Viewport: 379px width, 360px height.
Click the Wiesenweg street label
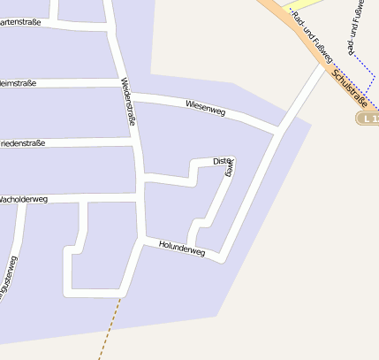click(206, 109)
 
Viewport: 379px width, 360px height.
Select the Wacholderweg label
click(24, 199)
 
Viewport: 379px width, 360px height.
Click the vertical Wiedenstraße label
click(128, 101)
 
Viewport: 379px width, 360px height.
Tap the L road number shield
click(368, 118)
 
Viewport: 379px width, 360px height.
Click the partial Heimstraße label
click(18, 83)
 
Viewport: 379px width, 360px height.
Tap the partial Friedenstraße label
click(22, 142)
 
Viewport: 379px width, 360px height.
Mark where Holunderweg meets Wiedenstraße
click(143, 237)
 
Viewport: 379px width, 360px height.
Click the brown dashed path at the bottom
click(110, 327)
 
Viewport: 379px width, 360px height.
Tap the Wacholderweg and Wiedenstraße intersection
click(140, 198)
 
